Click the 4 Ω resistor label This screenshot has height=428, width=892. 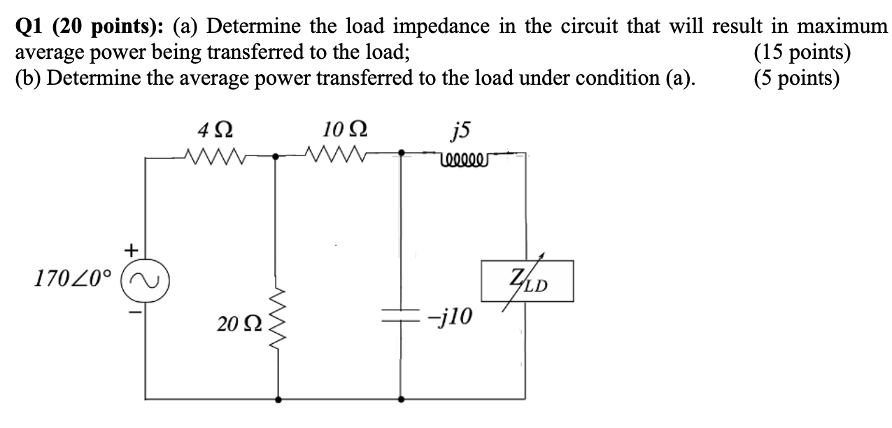pos(215,131)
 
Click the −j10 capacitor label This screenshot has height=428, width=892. pos(451,318)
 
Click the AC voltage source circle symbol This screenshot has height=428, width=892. pos(146,282)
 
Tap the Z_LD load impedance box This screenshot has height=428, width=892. pos(526,281)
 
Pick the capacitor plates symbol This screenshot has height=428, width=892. pos(400,317)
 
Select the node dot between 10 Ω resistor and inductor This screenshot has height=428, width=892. pos(401,152)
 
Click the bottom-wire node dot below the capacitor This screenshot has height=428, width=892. pos(401,399)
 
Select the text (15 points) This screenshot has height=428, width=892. pos(802,53)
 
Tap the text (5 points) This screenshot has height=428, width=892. pos(796,77)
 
